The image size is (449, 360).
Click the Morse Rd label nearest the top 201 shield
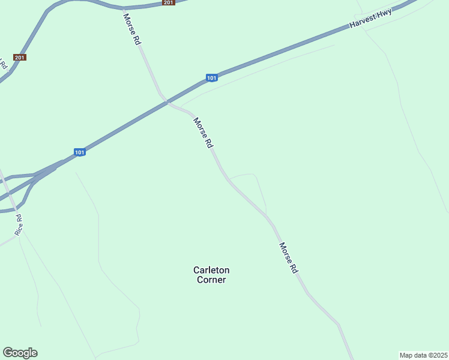[133, 29]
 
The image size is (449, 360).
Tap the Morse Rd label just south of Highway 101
[203, 133]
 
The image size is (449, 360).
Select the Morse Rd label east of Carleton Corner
[289, 258]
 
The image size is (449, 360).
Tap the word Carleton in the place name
[211, 270]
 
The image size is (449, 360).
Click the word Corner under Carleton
[211, 280]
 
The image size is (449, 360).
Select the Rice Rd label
[19, 224]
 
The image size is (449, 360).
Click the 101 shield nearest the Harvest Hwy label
[211, 78]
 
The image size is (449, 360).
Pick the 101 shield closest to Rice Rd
[80, 152]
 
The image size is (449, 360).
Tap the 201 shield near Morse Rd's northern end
[168, 3]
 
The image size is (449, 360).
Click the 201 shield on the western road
[20, 58]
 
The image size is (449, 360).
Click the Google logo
[20, 353]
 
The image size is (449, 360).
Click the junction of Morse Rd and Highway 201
[124, 8]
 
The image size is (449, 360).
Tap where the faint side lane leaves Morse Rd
[229, 179]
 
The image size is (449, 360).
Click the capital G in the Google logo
[8, 352]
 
